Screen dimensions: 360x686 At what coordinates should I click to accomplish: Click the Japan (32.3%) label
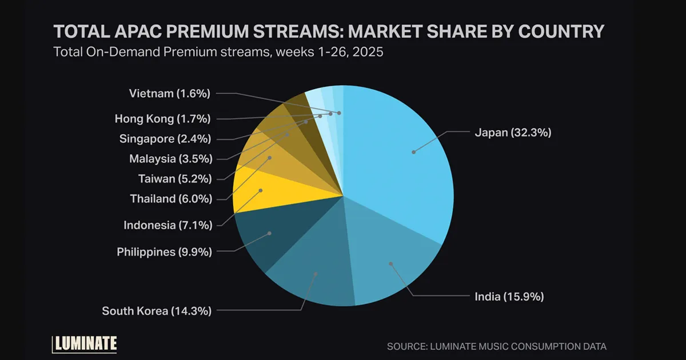(x=512, y=133)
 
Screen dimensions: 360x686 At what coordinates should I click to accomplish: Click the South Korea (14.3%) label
(x=157, y=311)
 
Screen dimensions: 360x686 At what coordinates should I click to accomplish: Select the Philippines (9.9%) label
(x=164, y=251)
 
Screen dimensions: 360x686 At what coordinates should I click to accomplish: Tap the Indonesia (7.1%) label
(x=167, y=225)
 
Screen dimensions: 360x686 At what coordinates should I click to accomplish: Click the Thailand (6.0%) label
(x=170, y=199)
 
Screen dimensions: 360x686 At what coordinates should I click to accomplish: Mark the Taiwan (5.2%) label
(x=174, y=179)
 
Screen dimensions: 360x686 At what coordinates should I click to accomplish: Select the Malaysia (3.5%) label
(x=170, y=158)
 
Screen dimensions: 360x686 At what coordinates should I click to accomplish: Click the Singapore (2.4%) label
(x=165, y=138)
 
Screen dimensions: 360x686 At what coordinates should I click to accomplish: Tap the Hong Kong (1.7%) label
(x=162, y=119)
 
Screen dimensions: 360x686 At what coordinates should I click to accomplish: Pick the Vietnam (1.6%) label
(x=170, y=93)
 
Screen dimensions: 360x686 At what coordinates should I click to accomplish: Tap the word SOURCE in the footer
(x=405, y=346)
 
